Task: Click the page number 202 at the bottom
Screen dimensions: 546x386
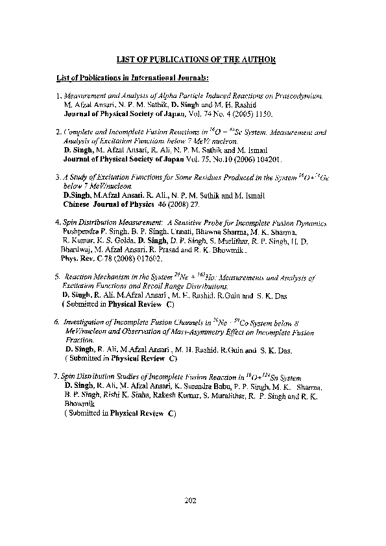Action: (191, 501)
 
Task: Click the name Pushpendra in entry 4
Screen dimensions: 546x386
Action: (78, 231)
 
